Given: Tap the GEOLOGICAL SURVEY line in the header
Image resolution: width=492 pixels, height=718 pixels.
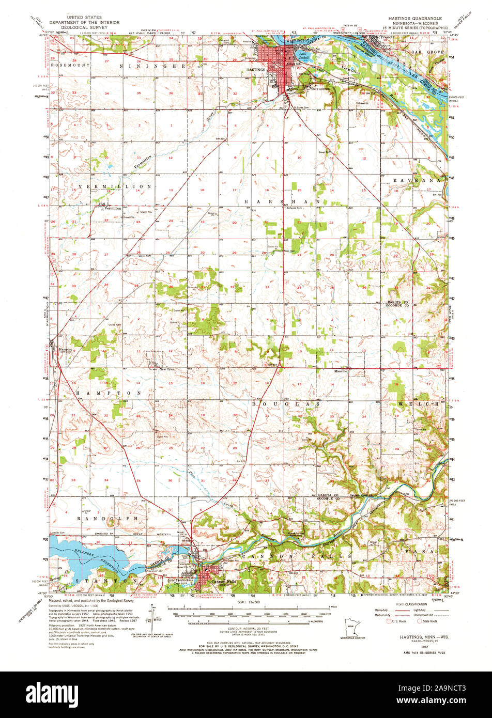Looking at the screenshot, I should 84,27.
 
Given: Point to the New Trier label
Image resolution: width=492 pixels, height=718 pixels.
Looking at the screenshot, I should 167,369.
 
